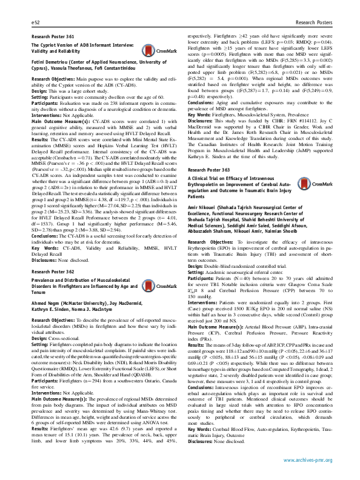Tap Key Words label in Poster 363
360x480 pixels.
click(194, 428)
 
